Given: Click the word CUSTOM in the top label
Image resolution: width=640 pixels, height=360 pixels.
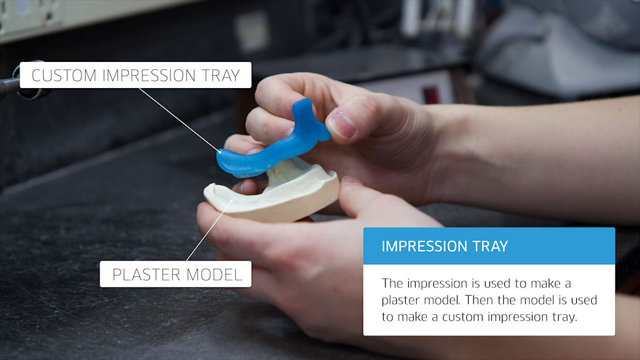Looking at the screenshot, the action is point(64,76).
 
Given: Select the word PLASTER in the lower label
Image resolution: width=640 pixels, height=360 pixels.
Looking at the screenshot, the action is point(146,275).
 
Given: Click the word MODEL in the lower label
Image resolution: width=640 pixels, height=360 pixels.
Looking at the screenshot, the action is point(214,275).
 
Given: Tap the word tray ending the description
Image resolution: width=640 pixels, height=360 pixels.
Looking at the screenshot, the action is point(564,317).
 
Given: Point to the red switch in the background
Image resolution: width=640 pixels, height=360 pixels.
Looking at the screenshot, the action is point(430,96).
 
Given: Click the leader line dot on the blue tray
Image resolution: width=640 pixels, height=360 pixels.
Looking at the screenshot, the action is point(219,152).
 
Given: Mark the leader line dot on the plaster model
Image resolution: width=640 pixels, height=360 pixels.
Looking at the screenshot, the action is point(231,201).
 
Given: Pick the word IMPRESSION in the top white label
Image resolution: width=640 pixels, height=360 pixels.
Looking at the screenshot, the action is point(149,76).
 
